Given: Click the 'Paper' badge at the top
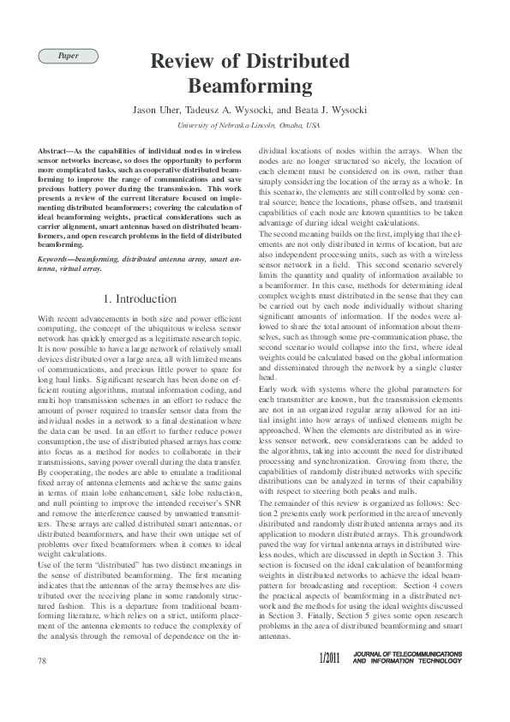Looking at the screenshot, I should tap(68, 56).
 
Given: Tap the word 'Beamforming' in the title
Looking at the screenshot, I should tap(249, 86).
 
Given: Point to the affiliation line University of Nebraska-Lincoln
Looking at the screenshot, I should tap(225, 125).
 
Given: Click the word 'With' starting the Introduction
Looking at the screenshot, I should tap(47, 319).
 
